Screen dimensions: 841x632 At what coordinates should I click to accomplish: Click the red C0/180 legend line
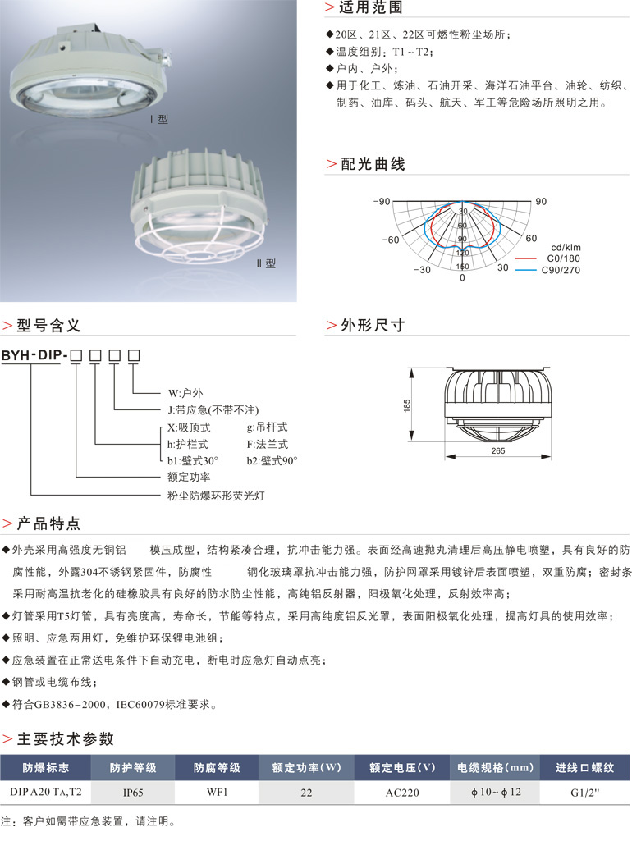coord(529,258)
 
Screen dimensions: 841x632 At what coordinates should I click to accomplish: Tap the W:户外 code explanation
coord(184,391)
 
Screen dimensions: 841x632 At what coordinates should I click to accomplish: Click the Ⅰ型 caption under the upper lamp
coord(158,119)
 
